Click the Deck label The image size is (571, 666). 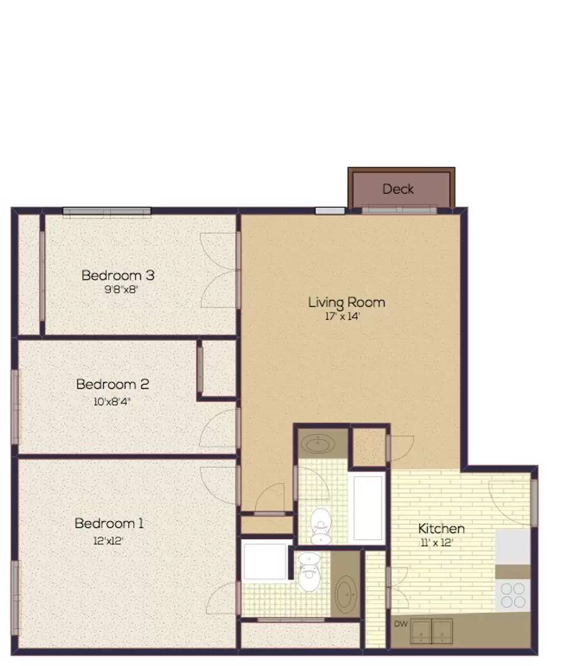tap(398, 189)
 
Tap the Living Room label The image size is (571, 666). tap(347, 302)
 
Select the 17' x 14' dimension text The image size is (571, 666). tap(342, 316)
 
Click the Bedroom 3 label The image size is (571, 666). tap(118, 275)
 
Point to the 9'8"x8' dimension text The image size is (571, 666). tap(121, 290)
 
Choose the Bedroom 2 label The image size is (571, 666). tap(113, 384)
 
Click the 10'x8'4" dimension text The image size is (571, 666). tap(112, 401)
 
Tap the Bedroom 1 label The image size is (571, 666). tap(109, 524)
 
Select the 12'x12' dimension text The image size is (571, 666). tap(108, 541)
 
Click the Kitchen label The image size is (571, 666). tap(442, 529)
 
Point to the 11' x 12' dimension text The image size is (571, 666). tap(437, 543)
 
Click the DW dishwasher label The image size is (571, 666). tap(401, 624)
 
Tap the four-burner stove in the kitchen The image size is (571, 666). tap(513, 596)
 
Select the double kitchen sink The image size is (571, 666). tap(431, 631)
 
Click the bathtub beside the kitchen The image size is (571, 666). tap(368, 508)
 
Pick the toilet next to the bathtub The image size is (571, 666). tap(321, 527)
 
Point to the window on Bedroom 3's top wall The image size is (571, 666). tap(107, 212)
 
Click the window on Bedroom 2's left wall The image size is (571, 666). tap(15, 407)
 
